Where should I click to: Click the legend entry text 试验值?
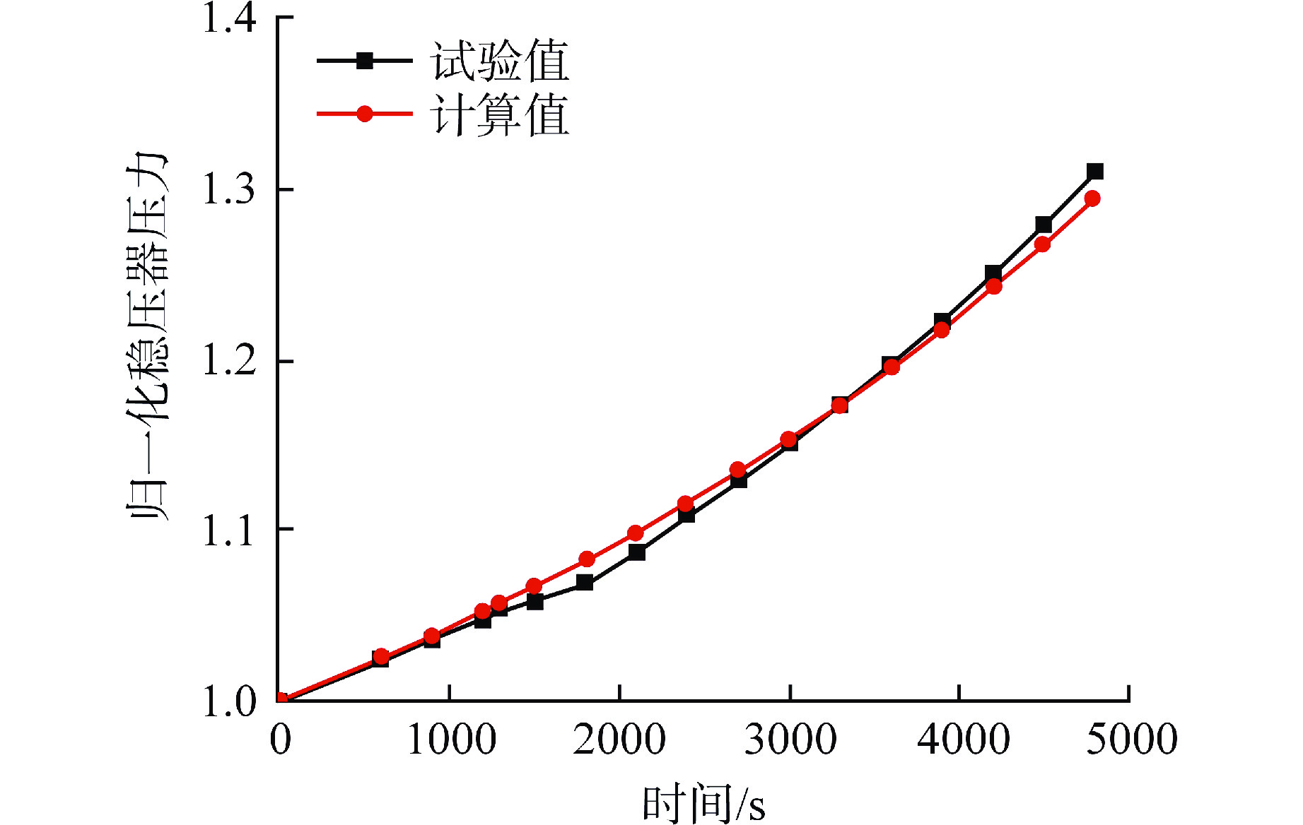point(499,61)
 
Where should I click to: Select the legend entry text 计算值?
point(499,115)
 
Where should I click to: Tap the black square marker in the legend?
point(364,61)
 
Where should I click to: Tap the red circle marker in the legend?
point(364,114)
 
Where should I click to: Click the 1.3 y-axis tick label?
point(229,189)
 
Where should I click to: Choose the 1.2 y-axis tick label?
point(229,361)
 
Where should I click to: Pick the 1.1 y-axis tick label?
point(229,530)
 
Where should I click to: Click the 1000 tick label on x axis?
point(451,739)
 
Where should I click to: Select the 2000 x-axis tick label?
point(619,739)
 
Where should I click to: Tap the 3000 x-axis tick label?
point(790,739)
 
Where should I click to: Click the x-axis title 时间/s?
point(703,804)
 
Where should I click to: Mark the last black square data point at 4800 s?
point(1094,172)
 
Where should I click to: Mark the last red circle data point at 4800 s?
point(1092,198)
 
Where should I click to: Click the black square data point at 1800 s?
point(585,583)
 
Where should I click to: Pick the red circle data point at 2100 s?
point(636,533)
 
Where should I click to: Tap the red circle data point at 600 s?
point(381,656)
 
